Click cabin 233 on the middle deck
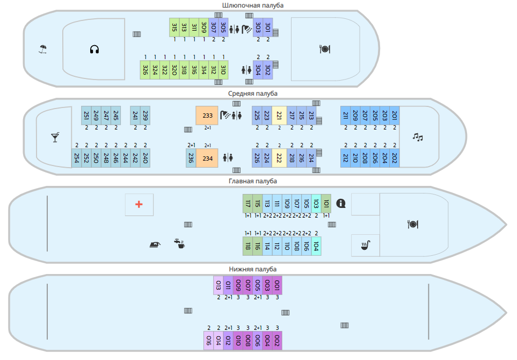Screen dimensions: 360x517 point(207,116)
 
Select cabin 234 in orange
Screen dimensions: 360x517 point(207,158)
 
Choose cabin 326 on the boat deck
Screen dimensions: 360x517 point(145,70)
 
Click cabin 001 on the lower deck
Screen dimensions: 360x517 point(277,285)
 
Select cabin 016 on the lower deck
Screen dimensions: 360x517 point(208,340)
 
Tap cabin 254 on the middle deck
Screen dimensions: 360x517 point(77,158)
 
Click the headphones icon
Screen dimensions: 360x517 point(94,49)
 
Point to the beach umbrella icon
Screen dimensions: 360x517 point(43,49)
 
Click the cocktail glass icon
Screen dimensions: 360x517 point(55,138)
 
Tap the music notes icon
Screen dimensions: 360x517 point(418,137)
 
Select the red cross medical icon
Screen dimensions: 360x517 point(139,204)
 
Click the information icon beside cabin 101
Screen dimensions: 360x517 point(340,203)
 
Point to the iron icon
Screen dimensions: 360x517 point(155,244)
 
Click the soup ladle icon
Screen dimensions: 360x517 point(365,246)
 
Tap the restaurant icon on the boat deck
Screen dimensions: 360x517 point(324,49)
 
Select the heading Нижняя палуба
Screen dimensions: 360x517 point(253,269)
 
